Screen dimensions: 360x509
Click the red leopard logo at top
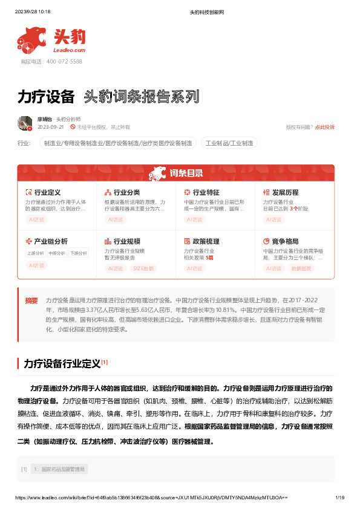click(x=32, y=39)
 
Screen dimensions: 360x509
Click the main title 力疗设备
click(x=46, y=97)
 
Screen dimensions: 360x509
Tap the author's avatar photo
click(x=25, y=123)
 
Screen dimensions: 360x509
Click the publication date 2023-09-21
click(x=51, y=128)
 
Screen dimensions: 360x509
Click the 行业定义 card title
click(x=47, y=192)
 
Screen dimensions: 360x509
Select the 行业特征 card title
click(x=206, y=192)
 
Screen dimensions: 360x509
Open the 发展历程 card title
click(x=285, y=192)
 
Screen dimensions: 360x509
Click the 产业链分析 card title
click(x=50, y=241)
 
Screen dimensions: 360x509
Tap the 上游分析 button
click(x=35, y=253)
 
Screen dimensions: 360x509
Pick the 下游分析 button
click(x=77, y=253)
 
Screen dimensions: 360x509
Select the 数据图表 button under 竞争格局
click(x=302, y=268)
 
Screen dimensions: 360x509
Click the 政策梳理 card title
click(x=206, y=241)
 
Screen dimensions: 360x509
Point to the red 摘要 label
click(x=31, y=300)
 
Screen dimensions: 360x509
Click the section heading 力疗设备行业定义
click(x=61, y=364)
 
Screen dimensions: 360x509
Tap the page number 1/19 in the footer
click(x=339, y=498)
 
